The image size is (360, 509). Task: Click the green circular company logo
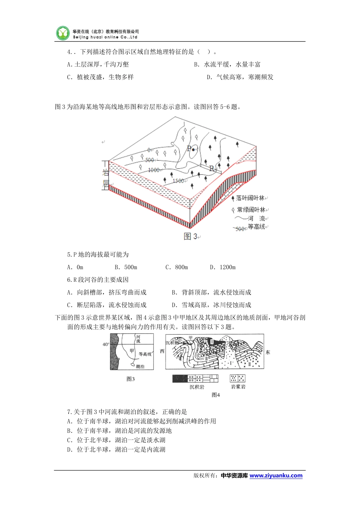(63, 33)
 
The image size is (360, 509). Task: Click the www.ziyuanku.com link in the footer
(276, 476)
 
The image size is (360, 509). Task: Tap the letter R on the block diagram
(212, 168)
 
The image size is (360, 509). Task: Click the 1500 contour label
(178, 181)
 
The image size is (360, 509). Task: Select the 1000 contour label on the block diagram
(153, 170)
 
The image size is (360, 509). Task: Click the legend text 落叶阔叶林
(250, 198)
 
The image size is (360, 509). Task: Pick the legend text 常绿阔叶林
(251, 209)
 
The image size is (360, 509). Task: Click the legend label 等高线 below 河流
(256, 227)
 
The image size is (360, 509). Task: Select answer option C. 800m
(177, 267)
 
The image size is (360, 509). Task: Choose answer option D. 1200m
(223, 267)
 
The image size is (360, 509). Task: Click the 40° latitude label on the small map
(106, 344)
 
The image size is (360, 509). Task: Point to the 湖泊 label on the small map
(140, 366)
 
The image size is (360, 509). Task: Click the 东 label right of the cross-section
(268, 353)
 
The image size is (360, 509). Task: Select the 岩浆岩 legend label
(238, 387)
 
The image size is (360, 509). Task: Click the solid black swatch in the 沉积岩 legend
(180, 378)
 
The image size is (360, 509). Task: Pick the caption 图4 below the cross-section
(216, 395)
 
